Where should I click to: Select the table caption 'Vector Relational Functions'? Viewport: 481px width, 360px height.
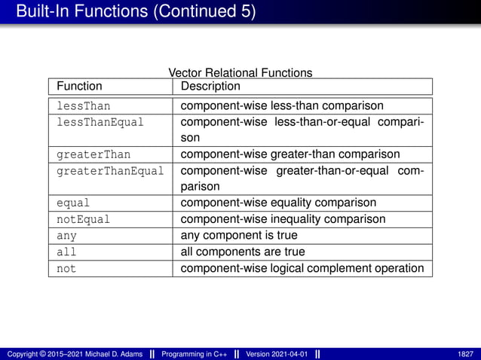[x=240, y=73]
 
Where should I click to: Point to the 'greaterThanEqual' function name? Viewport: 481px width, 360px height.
[x=110, y=171]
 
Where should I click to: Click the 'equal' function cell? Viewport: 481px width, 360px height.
[x=74, y=203]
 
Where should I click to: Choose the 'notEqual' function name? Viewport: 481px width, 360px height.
[x=84, y=219]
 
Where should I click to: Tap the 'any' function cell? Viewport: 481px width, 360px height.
[x=66, y=236]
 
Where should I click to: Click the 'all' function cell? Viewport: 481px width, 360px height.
[x=66, y=252]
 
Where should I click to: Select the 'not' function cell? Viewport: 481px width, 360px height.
[x=66, y=268]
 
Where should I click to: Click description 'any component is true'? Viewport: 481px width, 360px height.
[x=239, y=236]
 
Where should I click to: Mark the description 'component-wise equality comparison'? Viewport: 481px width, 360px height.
[x=278, y=203]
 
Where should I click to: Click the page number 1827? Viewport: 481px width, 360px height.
[x=465, y=353]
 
